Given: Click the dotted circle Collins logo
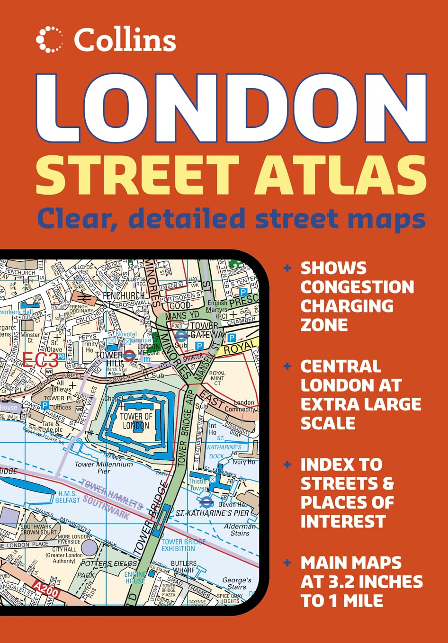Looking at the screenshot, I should (49, 39).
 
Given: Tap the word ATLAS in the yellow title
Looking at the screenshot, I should (340, 174).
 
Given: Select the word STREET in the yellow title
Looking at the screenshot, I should (137, 174).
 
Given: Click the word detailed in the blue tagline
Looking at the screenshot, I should (186, 218).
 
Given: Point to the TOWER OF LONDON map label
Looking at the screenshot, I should (136, 420).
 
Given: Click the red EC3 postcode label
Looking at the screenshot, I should (41, 360).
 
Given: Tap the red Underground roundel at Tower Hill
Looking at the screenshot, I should (130, 355).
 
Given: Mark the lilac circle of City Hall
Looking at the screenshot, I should (89, 547).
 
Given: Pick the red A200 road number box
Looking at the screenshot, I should (46, 589).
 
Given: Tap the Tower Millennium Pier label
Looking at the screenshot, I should (104, 467).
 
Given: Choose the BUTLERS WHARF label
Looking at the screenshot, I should (183, 567).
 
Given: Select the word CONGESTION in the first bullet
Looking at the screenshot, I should (357, 287).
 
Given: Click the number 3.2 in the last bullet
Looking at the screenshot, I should (343, 582).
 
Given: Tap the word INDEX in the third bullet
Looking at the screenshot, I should (341, 464).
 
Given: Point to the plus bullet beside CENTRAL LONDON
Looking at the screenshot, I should (287, 366).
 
